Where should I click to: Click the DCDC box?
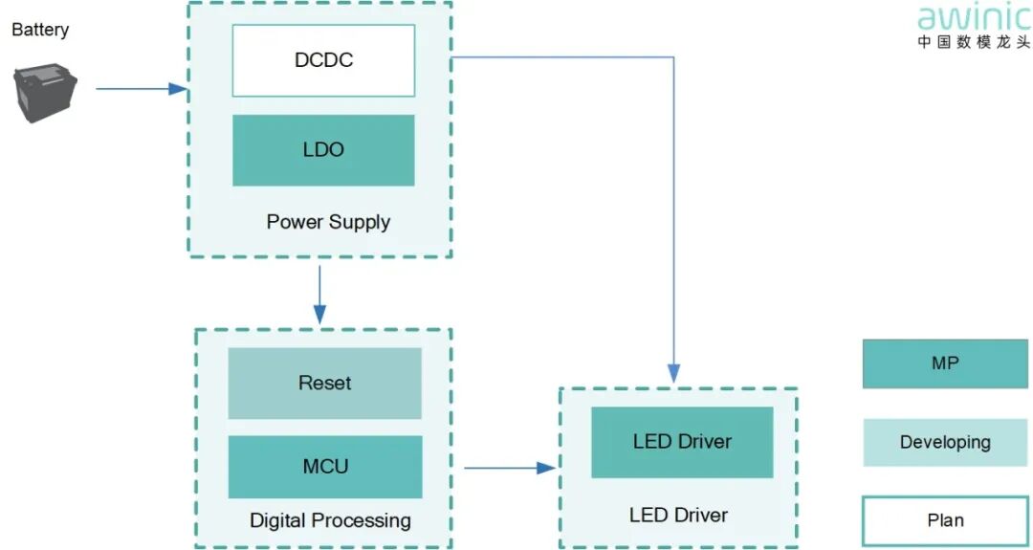pyautogui.click(x=323, y=60)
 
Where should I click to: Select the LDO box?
pyautogui.click(x=323, y=150)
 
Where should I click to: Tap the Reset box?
pyautogui.click(x=324, y=383)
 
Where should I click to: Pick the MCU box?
pyautogui.click(x=324, y=467)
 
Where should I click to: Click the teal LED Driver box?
pyautogui.click(x=682, y=442)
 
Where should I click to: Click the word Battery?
pyautogui.click(x=40, y=30)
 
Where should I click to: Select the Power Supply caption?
pyautogui.click(x=328, y=222)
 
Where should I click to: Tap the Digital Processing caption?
pyautogui.click(x=330, y=521)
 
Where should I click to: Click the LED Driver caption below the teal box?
pyautogui.click(x=678, y=516)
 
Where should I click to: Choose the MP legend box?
pyautogui.click(x=944, y=363)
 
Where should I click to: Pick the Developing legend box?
pyautogui.click(x=944, y=442)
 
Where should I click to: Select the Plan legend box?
pyautogui.click(x=944, y=520)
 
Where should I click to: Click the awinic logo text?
pyautogui.click(x=973, y=18)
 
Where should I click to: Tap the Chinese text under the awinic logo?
pyautogui.click(x=973, y=42)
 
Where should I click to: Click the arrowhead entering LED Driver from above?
pyautogui.click(x=673, y=372)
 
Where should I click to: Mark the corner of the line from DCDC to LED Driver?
pyautogui.click(x=673, y=57)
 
